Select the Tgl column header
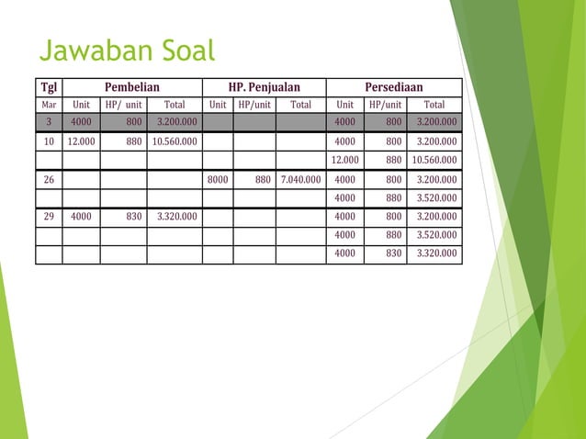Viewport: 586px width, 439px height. pos(49,87)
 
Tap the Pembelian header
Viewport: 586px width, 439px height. pos(131,87)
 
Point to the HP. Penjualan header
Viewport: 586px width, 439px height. pos(265,87)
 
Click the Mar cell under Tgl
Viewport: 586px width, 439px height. pos(49,105)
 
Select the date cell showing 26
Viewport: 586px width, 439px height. pos(49,180)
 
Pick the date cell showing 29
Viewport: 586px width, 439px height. pos(49,217)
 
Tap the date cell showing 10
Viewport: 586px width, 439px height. pos(49,142)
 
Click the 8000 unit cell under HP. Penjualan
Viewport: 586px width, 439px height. pos(218,180)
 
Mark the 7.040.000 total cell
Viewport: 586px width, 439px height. pos(300,180)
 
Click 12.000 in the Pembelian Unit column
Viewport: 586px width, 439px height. pos(81,142)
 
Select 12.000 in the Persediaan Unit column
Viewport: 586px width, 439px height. pos(344,161)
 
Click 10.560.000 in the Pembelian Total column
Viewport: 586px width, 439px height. pos(174,142)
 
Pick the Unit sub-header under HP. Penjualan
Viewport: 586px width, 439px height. pos(218,105)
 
